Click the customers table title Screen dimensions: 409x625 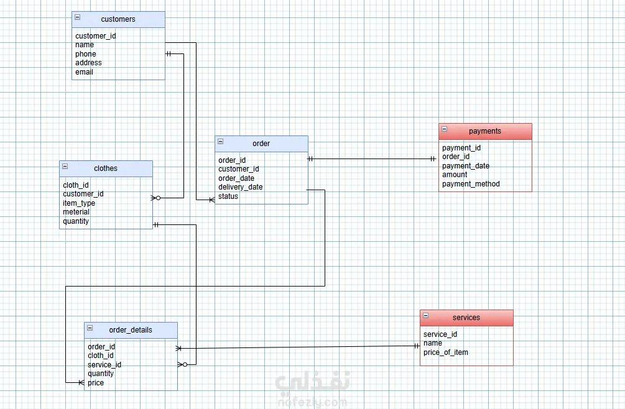[118, 19]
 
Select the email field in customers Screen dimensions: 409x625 [85, 72]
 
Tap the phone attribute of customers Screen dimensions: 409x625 [86, 54]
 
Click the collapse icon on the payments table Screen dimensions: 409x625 [445, 129]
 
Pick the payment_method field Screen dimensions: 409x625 [471, 184]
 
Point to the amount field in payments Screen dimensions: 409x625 [455, 175]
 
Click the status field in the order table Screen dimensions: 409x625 [228, 196]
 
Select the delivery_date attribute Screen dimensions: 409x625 [240, 187]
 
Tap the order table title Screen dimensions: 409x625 [261, 144]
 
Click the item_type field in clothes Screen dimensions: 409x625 [79, 203]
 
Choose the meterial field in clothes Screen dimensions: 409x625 [76, 212]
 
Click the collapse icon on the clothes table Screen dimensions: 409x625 [65, 167]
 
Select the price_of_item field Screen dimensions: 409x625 [446, 352]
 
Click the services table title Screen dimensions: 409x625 [466, 318]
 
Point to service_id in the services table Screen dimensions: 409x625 [440, 334]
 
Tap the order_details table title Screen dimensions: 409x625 [131, 330]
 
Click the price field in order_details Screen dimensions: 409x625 [96, 383]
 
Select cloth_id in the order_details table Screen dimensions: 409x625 [101, 356]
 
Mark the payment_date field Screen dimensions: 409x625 [466, 166]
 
